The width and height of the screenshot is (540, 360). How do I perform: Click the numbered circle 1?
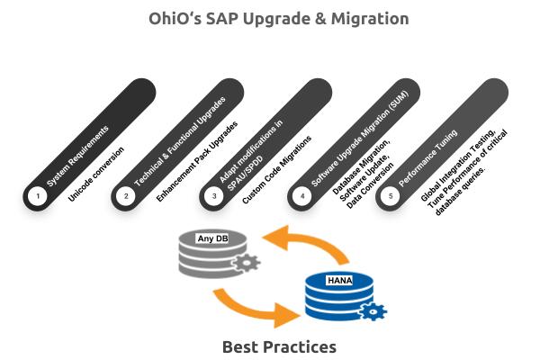click(x=38, y=196)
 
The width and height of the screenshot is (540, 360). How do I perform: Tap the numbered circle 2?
click(x=126, y=196)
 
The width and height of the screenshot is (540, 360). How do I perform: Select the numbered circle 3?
click(x=214, y=196)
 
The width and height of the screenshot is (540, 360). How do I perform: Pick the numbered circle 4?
click(x=302, y=196)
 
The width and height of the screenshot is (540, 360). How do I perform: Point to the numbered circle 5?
click(x=391, y=196)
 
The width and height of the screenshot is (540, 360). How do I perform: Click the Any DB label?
click(x=212, y=238)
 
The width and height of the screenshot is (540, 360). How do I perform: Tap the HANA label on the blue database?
click(x=340, y=281)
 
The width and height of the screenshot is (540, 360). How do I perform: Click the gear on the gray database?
click(x=247, y=264)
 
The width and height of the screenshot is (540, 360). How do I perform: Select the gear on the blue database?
click(x=373, y=311)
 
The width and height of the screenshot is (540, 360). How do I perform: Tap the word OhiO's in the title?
click(x=175, y=19)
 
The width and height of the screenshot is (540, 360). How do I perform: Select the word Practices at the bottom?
click(x=300, y=346)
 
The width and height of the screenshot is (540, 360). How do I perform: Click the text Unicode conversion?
click(x=96, y=174)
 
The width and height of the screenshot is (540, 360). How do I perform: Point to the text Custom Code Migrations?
click(x=277, y=169)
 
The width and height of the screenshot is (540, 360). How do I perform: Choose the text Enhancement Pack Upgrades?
click(x=197, y=161)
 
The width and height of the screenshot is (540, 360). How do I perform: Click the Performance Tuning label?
click(x=428, y=158)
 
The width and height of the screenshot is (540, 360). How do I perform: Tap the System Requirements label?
click(x=77, y=156)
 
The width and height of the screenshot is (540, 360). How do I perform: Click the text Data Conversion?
click(x=370, y=185)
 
